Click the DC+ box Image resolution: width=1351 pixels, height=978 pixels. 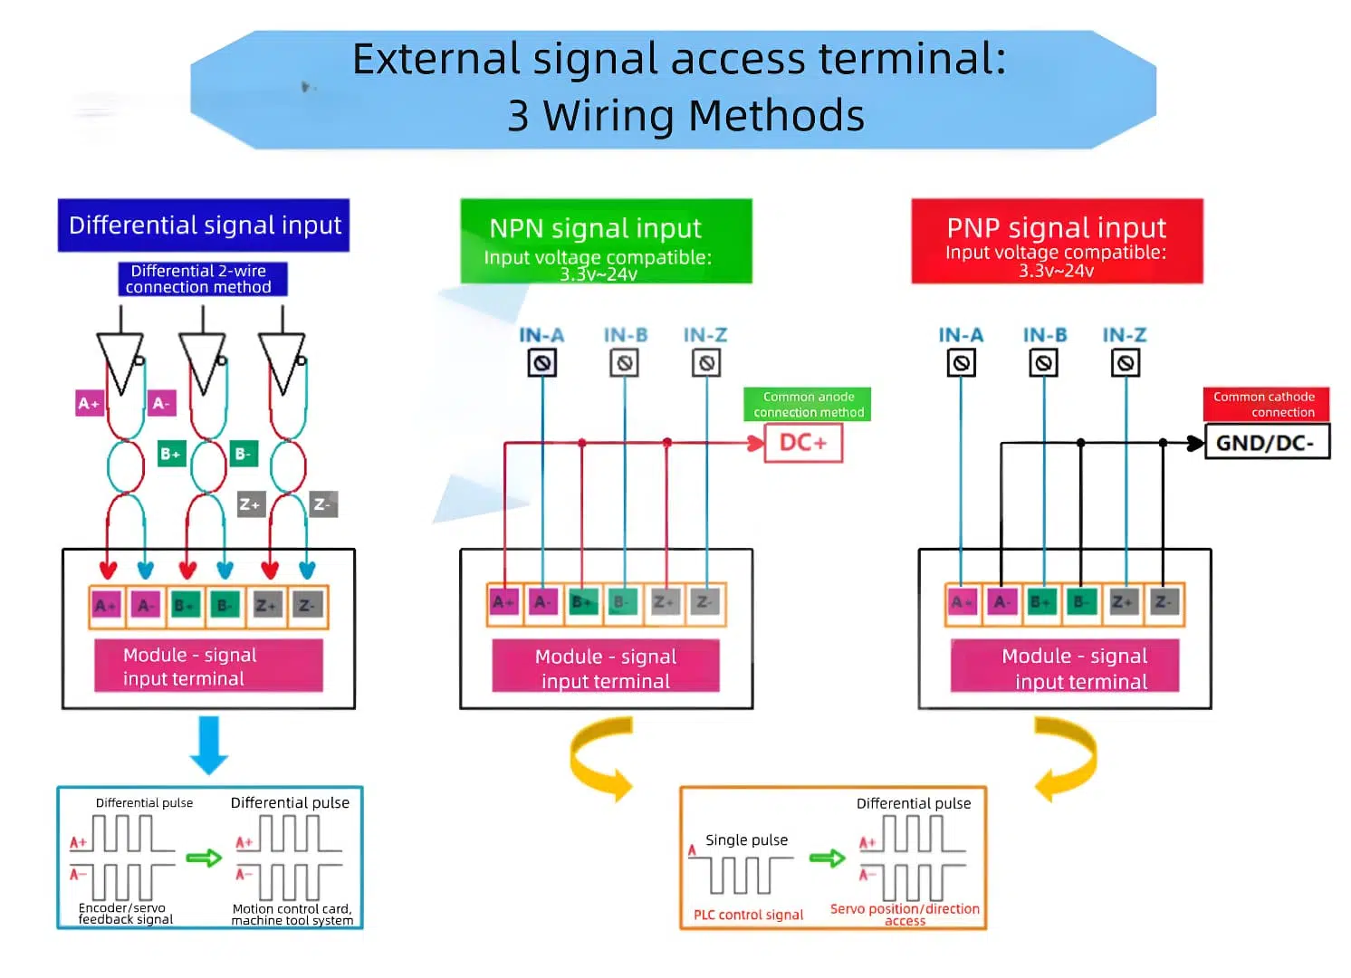[803, 443]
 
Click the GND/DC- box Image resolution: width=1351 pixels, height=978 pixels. [1266, 443]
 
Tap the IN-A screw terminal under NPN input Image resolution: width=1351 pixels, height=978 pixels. [541, 363]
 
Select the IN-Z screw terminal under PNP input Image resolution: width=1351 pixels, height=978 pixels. [1125, 363]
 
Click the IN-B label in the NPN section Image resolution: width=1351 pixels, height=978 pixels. [625, 335]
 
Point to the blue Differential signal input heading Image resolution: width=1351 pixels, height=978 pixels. [204, 225]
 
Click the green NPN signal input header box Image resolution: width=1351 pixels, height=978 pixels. [605, 241]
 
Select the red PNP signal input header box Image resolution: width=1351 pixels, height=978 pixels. [1056, 241]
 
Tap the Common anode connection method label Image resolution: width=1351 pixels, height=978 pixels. [808, 404]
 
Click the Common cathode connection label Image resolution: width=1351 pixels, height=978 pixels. [1265, 404]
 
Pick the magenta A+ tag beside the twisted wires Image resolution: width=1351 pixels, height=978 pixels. [89, 403]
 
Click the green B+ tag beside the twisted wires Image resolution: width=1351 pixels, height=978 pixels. [170, 454]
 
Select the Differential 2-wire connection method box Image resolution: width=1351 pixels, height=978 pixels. [202, 279]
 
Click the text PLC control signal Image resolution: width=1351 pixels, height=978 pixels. [748, 915]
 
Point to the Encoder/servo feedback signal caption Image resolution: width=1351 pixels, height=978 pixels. [125, 913]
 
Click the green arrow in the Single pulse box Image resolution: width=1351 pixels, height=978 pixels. [826, 858]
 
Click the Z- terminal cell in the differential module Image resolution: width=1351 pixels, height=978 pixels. [307, 606]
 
